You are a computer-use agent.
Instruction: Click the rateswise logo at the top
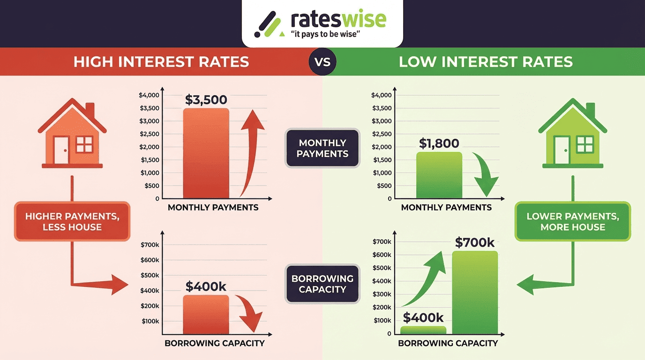click(322, 23)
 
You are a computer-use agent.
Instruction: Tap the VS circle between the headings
click(322, 62)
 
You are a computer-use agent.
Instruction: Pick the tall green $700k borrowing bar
click(474, 292)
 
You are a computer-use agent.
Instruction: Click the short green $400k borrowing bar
click(423, 330)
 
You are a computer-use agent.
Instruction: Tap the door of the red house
click(61, 150)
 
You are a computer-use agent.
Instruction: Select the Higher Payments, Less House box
click(72, 222)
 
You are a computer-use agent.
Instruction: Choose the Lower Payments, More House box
click(572, 222)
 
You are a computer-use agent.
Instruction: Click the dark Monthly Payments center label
click(322, 148)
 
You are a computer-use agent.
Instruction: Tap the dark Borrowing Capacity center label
click(322, 284)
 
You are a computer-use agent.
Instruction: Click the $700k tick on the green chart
click(382, 242)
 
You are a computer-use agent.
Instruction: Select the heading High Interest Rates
click(161, 62)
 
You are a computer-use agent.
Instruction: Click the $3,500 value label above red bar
click(206, 100)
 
